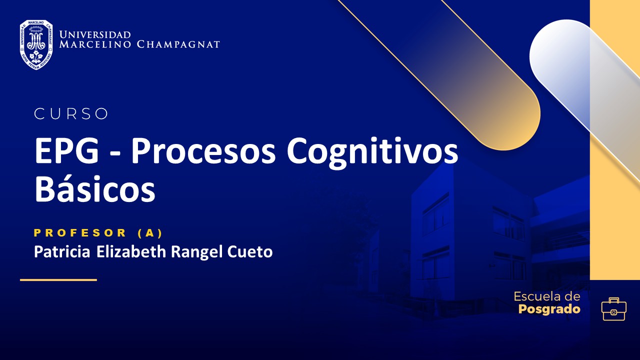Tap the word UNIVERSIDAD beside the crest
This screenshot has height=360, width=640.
94,34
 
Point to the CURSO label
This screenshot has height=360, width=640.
71,114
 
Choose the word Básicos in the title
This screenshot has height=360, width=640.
94,189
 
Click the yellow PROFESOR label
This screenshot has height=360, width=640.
80,232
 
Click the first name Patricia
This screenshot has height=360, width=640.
62,251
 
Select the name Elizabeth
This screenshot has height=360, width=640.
132,251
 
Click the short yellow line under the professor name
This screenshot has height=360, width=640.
58,280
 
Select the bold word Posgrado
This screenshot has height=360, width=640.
549,309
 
